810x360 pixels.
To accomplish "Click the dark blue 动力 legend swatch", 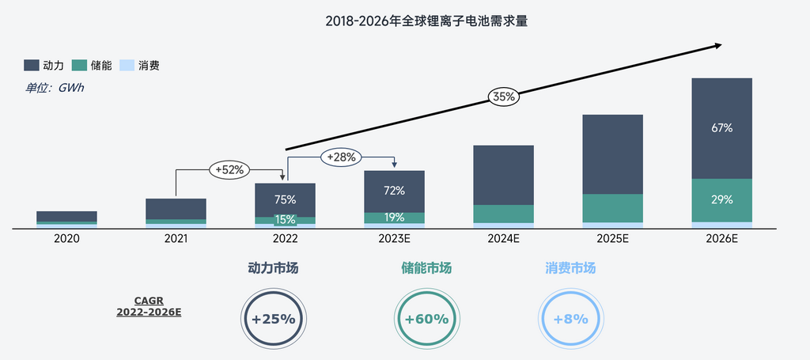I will tap(32, 66).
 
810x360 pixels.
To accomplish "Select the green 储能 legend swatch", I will tap(79, 66).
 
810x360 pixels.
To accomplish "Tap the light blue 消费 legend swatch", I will tap(127, 66).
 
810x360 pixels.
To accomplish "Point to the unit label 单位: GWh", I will tap(55, 88).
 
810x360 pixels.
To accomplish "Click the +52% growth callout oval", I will tap(229, 169).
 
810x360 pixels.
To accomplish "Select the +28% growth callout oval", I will tap(341, 157).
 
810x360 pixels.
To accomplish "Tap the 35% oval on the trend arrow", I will tap(504, 97).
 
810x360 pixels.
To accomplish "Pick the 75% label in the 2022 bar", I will tap(285, 199).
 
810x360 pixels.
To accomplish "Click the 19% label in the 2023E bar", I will tap(394, 218).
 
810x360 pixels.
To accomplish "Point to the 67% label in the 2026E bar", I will tap(721, 127).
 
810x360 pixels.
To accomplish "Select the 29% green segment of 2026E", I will tap(721, 200).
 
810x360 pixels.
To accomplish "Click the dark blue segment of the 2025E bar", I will tap(613, 154).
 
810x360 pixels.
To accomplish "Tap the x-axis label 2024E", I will tap(503, 238).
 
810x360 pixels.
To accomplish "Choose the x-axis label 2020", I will tap(66, 238).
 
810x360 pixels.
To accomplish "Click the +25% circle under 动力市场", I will tap(273, 320).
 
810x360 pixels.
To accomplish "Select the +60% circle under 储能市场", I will tap(426, 320).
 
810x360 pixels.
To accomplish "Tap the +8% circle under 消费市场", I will tap(570, 320).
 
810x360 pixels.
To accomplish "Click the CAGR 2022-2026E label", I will tap(149, 307).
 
